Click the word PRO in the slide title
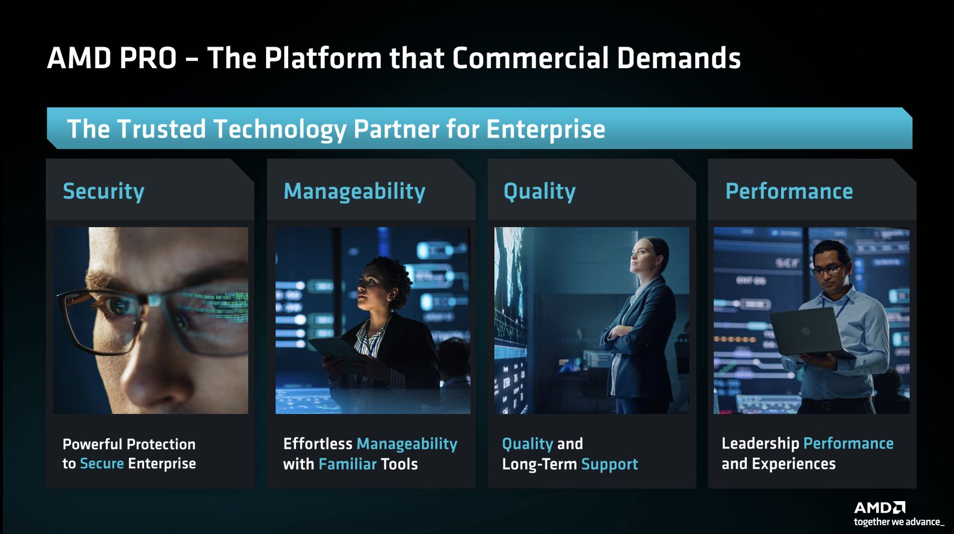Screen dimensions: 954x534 click(x=148, y=58)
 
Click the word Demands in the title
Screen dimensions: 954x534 click(x=679, y=58)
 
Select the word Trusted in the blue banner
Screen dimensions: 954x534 click(x=161, y=129)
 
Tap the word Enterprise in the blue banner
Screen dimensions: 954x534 click(x=546, y=130)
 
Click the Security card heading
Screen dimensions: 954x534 click(x=104, y=191)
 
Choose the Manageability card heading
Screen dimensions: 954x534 click(x=354, y=191)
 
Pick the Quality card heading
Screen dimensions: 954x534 click(x=539, y=191)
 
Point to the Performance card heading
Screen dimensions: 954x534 click(x=789, y=191)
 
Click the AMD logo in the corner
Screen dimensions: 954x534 click(x=880, y=508)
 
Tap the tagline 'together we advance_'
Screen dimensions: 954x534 click(x=899, y=522)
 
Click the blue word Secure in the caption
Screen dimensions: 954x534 click(x=102, y=463)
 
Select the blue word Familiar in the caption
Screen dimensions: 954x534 click(x=347, y=464)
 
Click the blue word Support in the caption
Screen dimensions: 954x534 click(x=610, y=464)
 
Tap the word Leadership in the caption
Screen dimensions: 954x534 click(x=760, y=443)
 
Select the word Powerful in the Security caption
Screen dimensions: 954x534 click(x=92, y=444)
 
